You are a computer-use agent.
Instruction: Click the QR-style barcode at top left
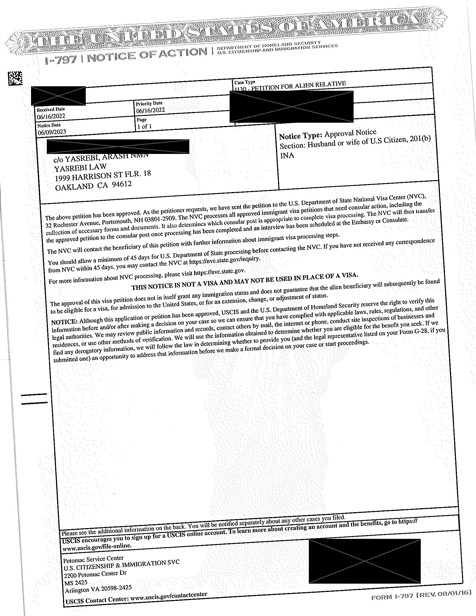[x=15, y=79]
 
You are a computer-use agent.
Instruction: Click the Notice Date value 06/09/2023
[x=52, y=132]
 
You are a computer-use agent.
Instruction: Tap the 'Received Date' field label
[x=50, y=109]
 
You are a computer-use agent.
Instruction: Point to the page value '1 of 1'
[x=144, y=126]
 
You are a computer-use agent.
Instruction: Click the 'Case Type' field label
[x=244, y=82]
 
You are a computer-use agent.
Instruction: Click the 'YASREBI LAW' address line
[x=80, y=167]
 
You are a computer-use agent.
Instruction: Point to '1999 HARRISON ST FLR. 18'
[x=103, y=176]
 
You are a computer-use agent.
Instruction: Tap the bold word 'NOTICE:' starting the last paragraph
[x=65, y=322]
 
